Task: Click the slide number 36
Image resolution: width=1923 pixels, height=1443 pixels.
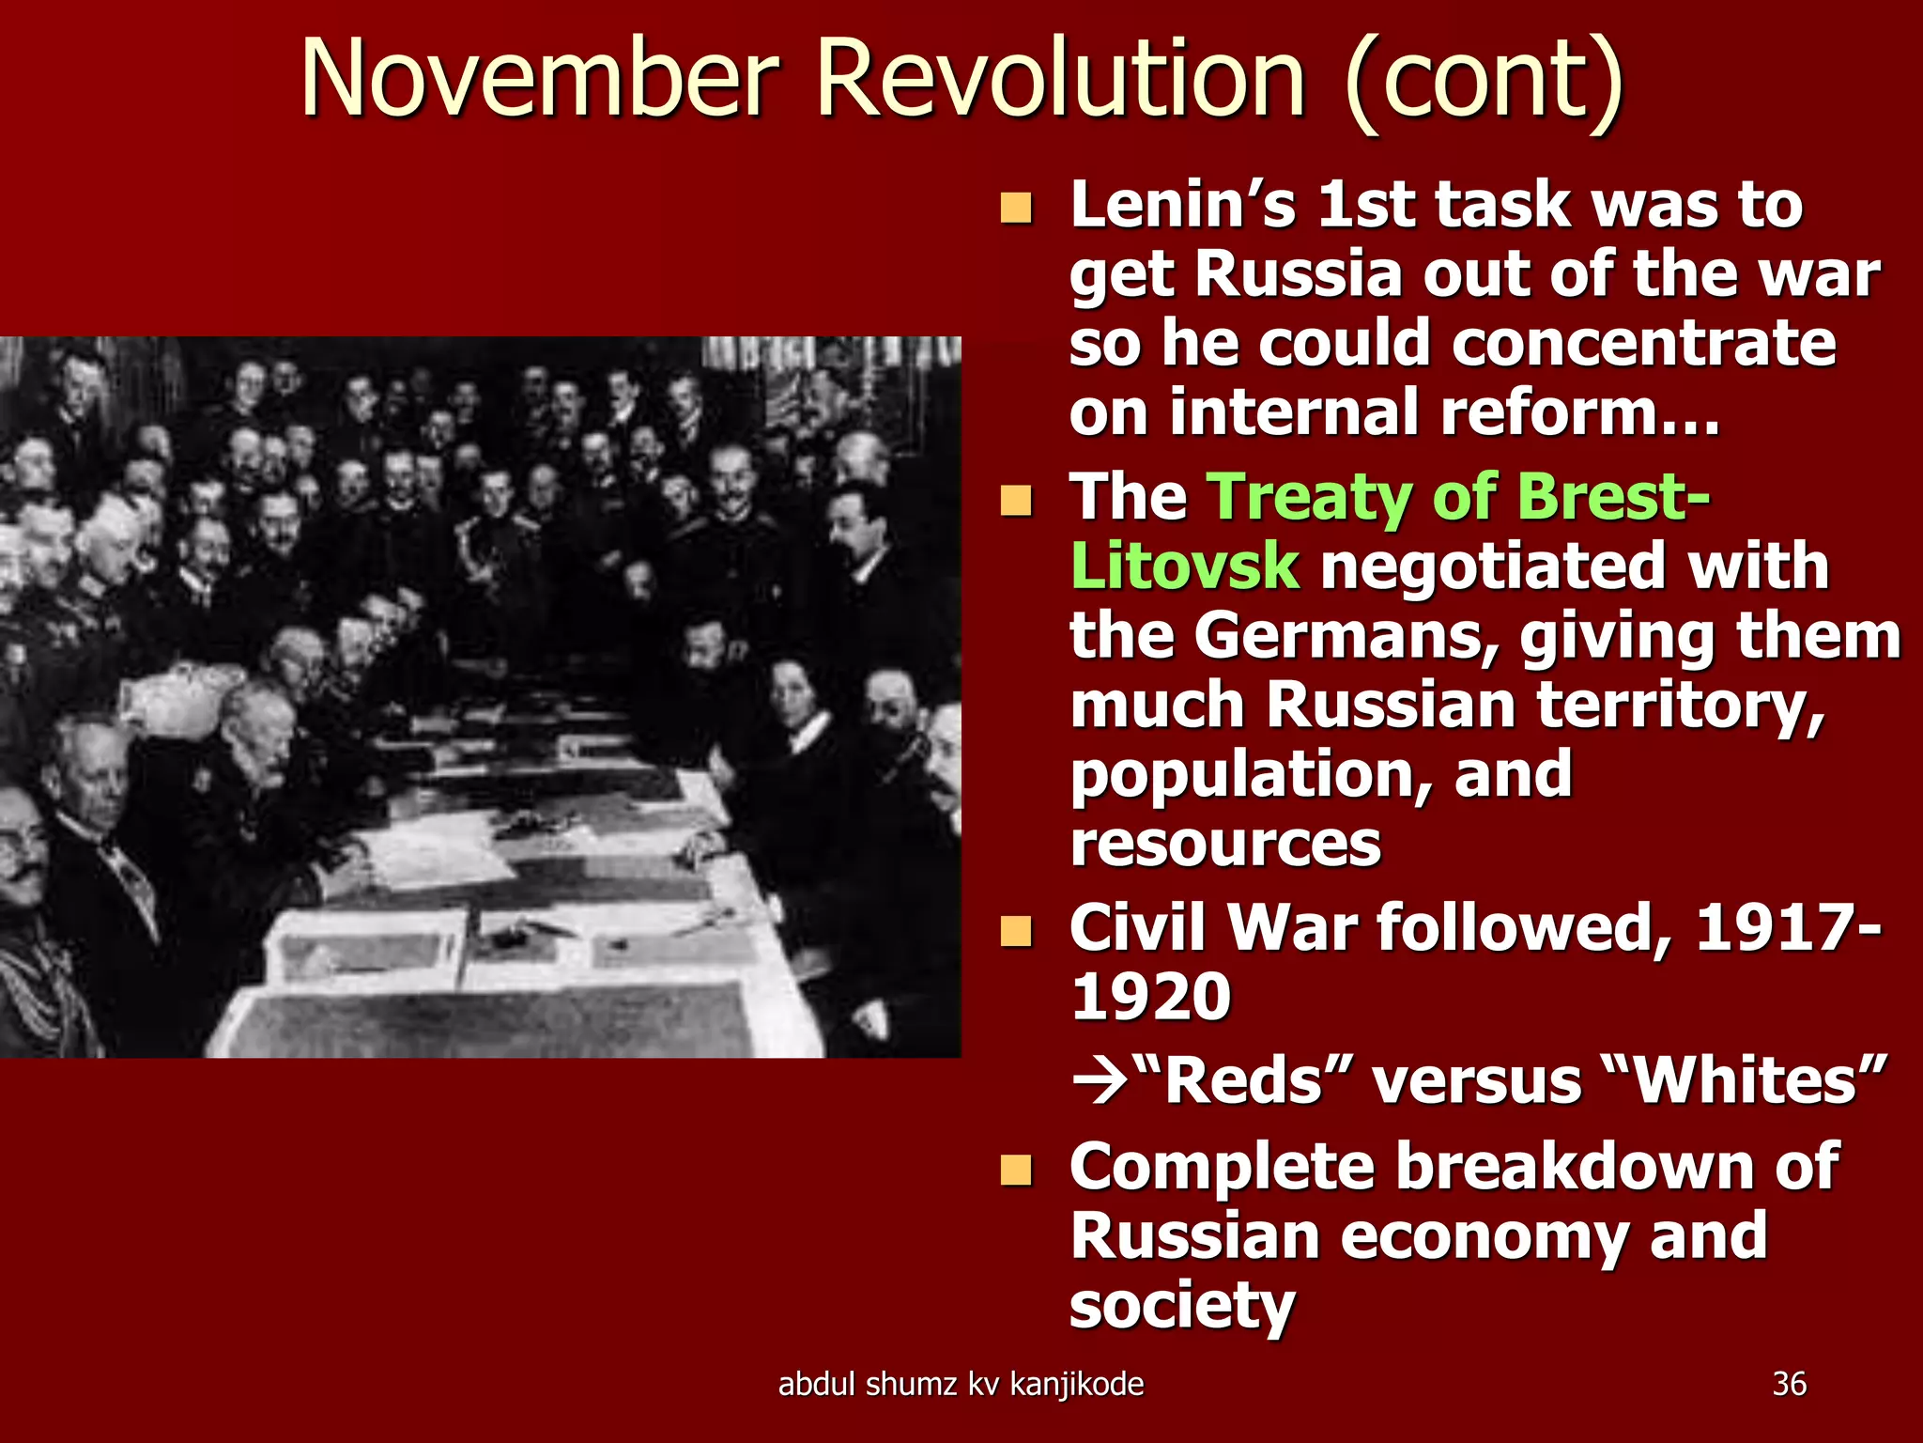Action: [x=1789, y=1384]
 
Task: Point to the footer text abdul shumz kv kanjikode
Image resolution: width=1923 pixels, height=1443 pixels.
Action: [x=961, y=1384]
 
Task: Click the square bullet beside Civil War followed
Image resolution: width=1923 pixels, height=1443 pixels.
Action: [x=1015, y=931]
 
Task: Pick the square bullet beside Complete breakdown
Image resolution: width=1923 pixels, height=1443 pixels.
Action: [x=1015, y=1170]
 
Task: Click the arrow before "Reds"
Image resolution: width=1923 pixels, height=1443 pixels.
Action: [x=1100, y=1081]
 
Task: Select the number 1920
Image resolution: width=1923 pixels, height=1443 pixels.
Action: [x=1150, y=997]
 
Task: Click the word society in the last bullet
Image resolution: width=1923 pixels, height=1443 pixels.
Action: [x=1182, y=1307]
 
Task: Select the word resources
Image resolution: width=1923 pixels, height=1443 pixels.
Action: [x=1225, y=843]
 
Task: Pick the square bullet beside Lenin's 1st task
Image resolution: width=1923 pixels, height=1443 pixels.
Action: [x=1015, y=208]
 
